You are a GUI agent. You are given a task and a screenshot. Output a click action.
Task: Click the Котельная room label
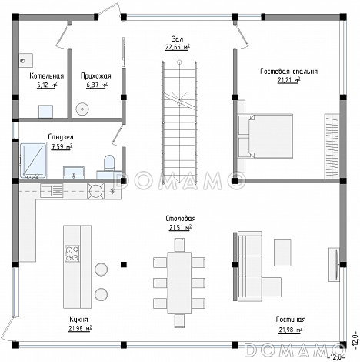coord(46,76)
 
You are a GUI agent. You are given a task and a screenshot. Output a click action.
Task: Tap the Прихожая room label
coord(96,76)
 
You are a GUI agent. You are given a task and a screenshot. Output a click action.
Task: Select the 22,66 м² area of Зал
coord(178,47)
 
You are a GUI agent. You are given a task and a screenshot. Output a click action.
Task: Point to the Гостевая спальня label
coord(289,71)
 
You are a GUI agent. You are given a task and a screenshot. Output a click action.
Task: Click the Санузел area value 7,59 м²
coord(62,146)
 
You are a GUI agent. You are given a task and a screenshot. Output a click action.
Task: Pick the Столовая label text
coord(181,219)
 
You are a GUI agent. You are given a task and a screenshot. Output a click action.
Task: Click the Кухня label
coord(78,320)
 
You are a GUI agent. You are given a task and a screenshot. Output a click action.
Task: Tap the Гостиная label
coord(291,320)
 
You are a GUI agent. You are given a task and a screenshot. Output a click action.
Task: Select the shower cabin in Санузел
coord(33,160)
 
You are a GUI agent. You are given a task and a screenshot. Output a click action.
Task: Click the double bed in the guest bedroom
coord(265,136)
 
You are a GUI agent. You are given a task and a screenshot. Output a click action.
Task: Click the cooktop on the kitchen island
coord(72,253)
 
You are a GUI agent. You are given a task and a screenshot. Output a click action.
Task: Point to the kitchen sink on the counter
coord(52,191)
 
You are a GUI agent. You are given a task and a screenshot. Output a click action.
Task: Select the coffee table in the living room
coord(282,253)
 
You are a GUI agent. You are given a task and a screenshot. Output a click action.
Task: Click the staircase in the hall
coord(179,122)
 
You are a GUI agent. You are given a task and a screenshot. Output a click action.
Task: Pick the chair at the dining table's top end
coord(179,245)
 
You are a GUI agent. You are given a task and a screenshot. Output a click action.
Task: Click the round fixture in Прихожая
coord(82,109)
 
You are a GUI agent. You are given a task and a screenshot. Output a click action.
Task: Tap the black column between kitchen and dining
coord(124,265)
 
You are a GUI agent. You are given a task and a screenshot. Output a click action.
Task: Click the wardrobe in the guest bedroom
coord(332,146)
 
